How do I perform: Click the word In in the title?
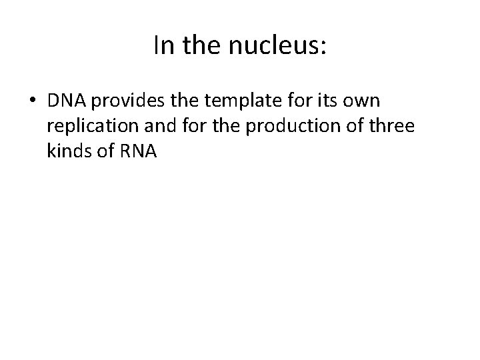click(161, 45)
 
